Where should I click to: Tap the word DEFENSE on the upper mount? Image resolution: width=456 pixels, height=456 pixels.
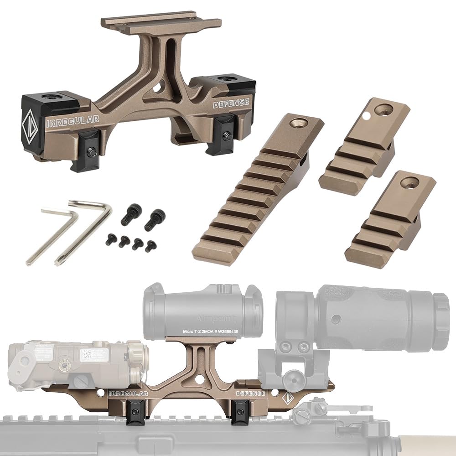[x=231, y=104]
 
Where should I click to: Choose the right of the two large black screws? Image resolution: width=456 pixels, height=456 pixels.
[x=155, y=219]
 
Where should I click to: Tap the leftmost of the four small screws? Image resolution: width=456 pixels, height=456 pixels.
[x=111, y=239]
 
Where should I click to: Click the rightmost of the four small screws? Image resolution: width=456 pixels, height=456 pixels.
[x=151, y=246]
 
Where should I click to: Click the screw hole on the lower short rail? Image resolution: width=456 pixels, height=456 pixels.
[x=409, y=183]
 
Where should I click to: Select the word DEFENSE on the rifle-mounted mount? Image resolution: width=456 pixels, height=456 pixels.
[x=250, y=393]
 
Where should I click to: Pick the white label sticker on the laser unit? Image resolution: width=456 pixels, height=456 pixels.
[x=94, y=355]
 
